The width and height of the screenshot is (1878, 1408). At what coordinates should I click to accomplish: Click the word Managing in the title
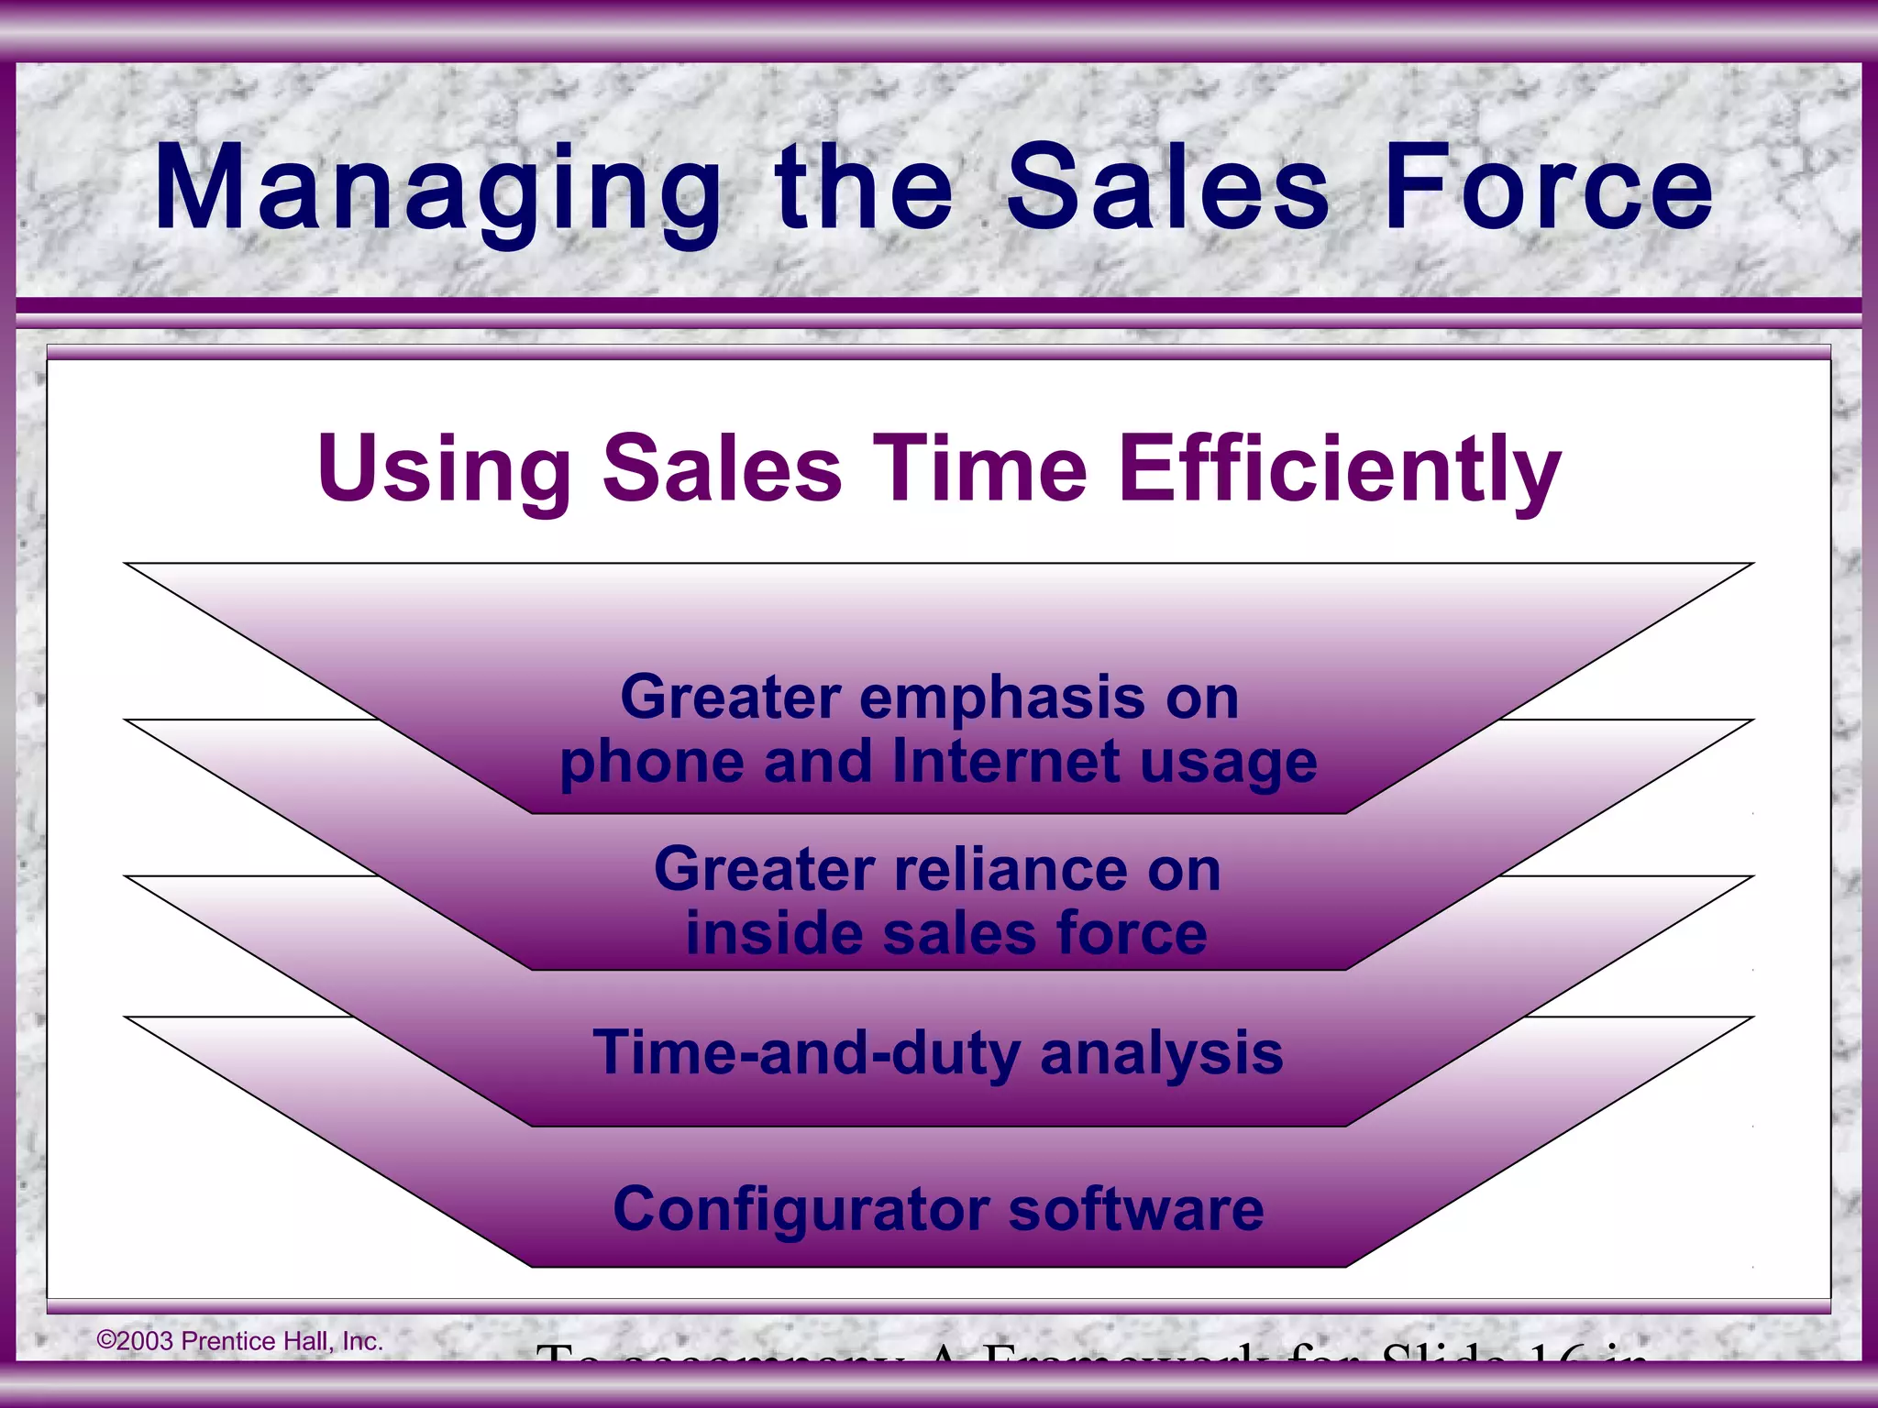click(438, 191)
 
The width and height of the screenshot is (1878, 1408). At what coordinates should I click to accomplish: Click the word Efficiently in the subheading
click(1340, 469)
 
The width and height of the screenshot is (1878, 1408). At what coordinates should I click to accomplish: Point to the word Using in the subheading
click(444, 469)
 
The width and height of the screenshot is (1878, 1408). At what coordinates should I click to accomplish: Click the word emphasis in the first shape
click(1001, 698)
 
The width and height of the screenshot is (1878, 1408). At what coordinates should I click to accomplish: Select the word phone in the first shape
click(651, 764)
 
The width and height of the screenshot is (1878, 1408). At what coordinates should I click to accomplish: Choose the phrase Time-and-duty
click(806, 1053)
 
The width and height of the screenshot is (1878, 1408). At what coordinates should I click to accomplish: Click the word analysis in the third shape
click(1161, 1053)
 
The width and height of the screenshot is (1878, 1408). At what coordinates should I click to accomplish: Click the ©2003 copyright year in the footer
click(135, 1341)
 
